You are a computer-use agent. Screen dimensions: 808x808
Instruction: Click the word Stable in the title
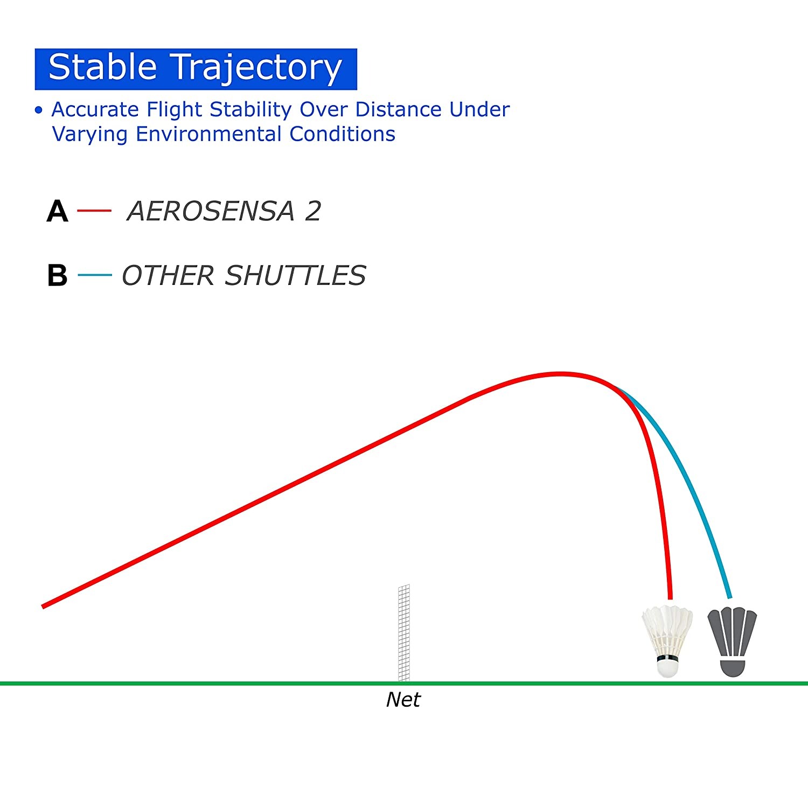[x=102, y=67]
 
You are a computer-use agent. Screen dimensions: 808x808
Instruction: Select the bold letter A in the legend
[x=58, y=211]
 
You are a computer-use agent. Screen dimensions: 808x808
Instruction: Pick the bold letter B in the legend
[x=57, y=276]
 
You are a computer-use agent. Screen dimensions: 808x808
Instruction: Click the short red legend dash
[x=94, y=210]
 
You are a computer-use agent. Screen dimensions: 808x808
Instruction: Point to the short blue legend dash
[x=95, y=275]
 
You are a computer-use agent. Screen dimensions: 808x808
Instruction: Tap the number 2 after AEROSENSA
[x=313, y=211]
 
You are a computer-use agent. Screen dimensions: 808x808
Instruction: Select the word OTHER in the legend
[x=168, y=276]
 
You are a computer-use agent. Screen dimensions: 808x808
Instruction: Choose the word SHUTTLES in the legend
[x=295, y=276]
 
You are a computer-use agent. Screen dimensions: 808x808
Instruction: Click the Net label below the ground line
[x=403, y=700]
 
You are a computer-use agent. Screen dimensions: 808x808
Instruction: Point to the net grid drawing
[x=404, y=633]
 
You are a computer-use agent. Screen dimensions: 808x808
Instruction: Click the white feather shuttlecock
[x=667, y=641]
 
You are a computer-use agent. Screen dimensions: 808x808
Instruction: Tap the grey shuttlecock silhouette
[x=732, y=642]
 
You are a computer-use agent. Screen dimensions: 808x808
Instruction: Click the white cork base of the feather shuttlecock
[x=667, y=668]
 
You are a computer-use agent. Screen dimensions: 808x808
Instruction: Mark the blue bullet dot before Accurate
[x=38, y=110]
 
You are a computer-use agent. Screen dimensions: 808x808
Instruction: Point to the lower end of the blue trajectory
[x=730, y=597]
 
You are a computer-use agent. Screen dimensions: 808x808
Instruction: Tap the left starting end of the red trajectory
[x=43, y=607]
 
